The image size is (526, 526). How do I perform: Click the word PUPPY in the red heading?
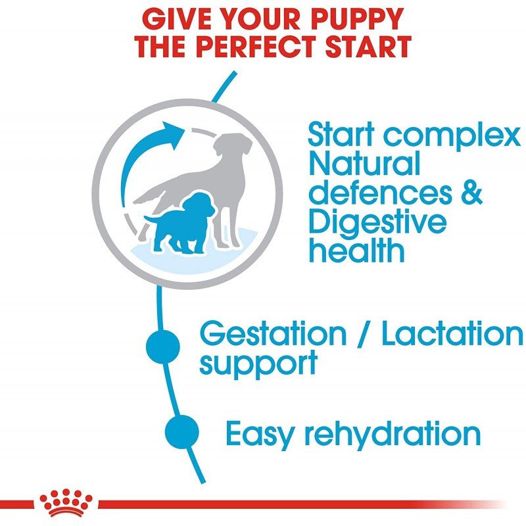[357, 19]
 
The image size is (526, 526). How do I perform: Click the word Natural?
[364, 163]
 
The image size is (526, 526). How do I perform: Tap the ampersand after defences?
[471, 193]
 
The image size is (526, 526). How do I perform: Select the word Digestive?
[377, 223]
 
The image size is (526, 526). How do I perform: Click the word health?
[356, 251]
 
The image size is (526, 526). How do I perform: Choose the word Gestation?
[273, 334]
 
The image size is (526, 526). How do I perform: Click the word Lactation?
[452, 333]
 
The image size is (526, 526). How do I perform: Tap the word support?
[258, 364]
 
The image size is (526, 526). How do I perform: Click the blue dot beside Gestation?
[163, 347]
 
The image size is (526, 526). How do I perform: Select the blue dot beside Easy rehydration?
[182, 432]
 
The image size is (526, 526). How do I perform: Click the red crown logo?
[66, 502]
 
